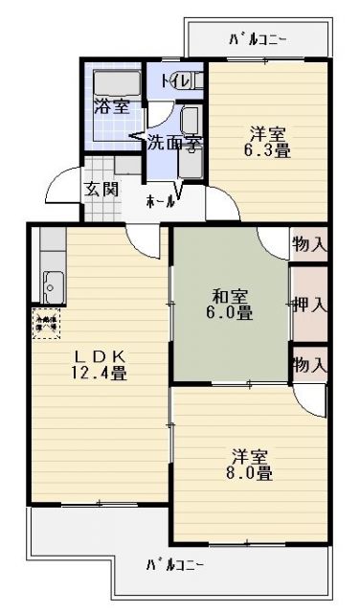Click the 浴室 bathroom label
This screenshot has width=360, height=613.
(112, 106)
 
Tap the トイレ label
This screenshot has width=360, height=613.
(174, 80)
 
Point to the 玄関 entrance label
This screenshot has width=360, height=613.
(101, 188)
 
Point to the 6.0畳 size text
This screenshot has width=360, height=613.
(231, 313)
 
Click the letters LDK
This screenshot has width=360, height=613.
(99, 355)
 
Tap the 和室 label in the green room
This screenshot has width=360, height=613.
(231, 295)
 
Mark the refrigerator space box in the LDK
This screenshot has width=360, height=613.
(46, 322)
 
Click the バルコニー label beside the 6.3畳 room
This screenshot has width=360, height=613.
(258, 40)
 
